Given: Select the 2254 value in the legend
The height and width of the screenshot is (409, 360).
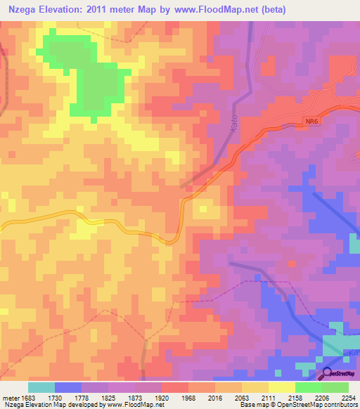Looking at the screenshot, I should click(348, 397).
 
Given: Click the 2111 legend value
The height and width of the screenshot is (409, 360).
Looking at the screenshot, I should click(262, 397).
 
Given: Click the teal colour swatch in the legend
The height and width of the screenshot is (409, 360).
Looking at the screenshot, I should click(41, 387).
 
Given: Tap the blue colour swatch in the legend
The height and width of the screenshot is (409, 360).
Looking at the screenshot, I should click(67, 387).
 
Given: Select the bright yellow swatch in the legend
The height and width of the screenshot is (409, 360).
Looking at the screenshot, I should click(281, 387).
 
